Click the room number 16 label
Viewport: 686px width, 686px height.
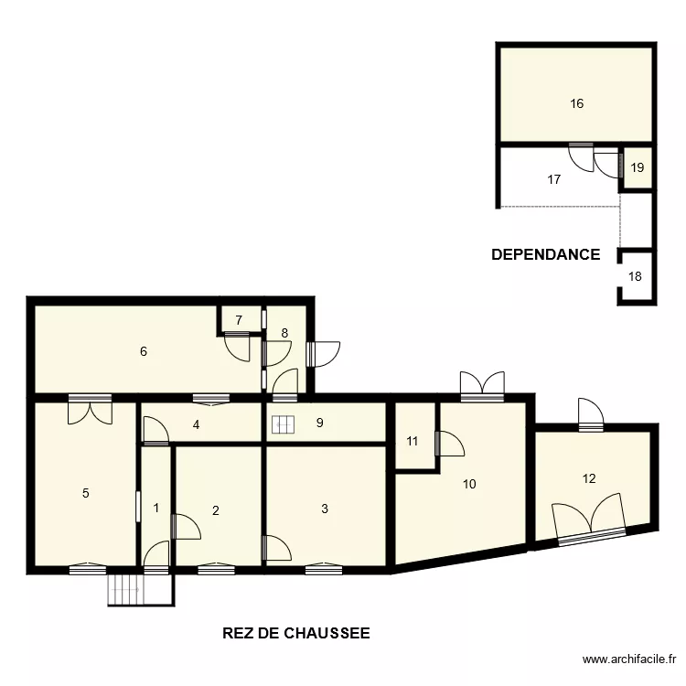(576, 103)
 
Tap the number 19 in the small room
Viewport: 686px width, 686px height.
(638, 167)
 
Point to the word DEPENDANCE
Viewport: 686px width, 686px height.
(545, 254)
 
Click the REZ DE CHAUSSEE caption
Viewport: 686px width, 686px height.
(296, 632)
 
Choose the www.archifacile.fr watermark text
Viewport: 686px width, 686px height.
(630, 659)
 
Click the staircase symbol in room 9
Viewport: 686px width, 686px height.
(283, 424)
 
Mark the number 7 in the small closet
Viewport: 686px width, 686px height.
(239, 320)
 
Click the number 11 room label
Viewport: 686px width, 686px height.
(413, 441)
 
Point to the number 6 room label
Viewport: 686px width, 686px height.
(144, 350)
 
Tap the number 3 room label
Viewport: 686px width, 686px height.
(325, 509)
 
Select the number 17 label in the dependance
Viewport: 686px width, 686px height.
(553, 179)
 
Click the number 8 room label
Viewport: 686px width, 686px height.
(284, 333)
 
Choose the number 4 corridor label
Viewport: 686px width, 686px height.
(196, 423)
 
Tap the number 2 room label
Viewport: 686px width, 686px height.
(216, 510)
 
